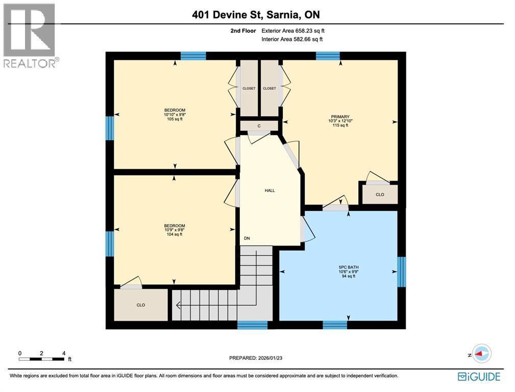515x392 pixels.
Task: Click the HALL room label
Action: pyautogui.click(x=269, y=190)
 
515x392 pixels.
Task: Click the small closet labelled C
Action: pyautogui.click(x=259, y=126)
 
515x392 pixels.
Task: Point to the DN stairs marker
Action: pyautogui.click(x=247, y=238)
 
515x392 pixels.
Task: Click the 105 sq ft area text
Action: pyautogui.click(x=175, y=119)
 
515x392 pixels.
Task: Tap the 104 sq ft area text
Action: pyautogui.click(x=175, y=234)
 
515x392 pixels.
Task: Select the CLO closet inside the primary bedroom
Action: pyautogui.click(x=380, y=194)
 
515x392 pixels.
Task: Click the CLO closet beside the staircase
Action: pyautogui.click(x=141, y=305)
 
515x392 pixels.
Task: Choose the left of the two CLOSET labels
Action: pyautogui.click(x=249, y=88)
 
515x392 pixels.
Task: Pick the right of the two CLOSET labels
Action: pyautogui.click(x=269, y=88)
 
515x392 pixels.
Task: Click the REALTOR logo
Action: pyautogui.click(x=30, y=36)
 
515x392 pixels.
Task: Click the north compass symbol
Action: pyautogui.click(x=480, y=353)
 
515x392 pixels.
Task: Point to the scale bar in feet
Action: pyautogui.click(x=42, y=359)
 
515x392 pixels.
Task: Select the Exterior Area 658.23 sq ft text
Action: pyautogui.click(x=292, y=31)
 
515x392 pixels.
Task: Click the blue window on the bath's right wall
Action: pyautogui.click(x=401, y=272)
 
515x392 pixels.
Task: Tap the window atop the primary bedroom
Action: pyautogui.click(x=328, y=56)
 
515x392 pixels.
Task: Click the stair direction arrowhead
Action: pyautogui.click(x=179, y=305)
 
